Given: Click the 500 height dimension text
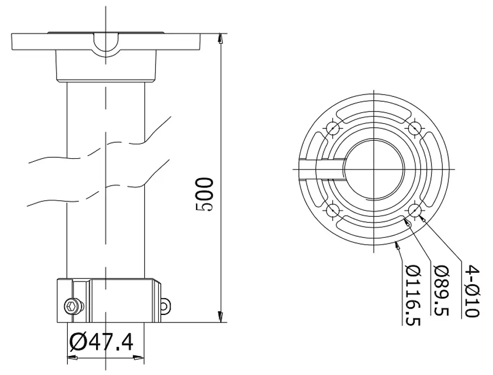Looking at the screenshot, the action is pyautogui.click(x=204, y=194).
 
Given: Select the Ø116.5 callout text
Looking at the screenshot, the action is pyautogui.click(x=413, y=295).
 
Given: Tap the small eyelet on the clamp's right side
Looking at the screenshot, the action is pyautogui.click(x=165, y=305).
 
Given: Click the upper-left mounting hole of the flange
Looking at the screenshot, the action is pyautogui.click(x=333, y=128).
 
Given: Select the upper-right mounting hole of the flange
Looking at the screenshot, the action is pyautogui.click(x=415, y=128).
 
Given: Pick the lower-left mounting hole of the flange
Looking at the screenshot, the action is pyautogui.click(x=333, y=210).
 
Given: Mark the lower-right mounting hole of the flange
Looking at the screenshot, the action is pyautogui.click(x=415, y=210).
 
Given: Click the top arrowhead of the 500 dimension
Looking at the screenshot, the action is pyautogui.click(x=221, y=38).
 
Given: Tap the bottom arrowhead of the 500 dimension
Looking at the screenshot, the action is pyautogui.click(x=221, y=317).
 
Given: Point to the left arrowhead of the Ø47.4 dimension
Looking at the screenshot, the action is pyautogui.click(x=72, y=358).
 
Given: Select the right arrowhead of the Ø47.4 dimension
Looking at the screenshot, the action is pyautogui.click(x=139, y=358).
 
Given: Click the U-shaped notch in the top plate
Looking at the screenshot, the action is pyautogui.click(x=106, y=45).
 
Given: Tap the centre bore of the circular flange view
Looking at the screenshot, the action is pyautogui.click(x=374, y=169).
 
